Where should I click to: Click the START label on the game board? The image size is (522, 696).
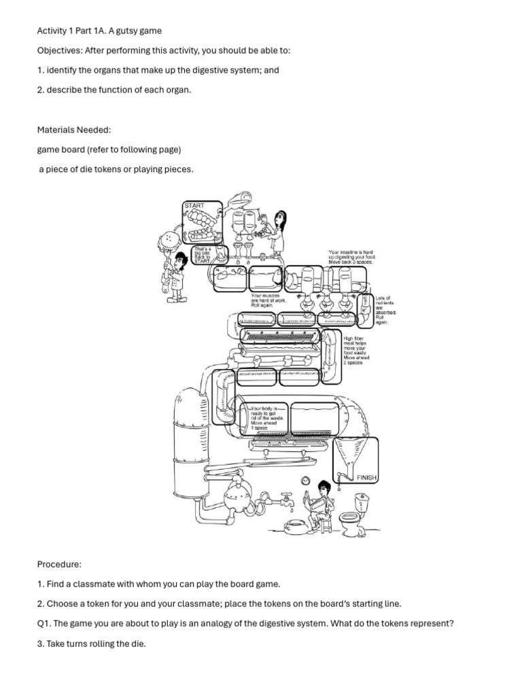click(194, 205)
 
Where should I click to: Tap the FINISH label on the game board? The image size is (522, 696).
click(366, 478)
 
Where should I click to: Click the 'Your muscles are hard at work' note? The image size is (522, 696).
click(268, 300)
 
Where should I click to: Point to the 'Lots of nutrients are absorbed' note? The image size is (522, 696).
click(385, 309)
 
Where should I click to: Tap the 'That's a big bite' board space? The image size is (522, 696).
click(204, 256)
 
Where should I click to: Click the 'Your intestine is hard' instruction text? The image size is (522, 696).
click(351, 257)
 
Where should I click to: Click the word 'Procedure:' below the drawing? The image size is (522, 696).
click(60, 564)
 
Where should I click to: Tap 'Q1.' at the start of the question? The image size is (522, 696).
click(43, 623)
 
